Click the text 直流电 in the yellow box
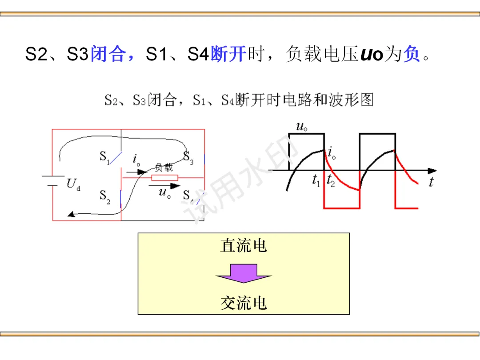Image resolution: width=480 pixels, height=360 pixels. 244,246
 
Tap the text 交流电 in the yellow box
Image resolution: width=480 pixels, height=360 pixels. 244,303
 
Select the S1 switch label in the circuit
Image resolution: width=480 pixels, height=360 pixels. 104,157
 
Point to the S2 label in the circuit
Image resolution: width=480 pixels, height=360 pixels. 104,196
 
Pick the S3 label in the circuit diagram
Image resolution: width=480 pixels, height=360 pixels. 188,156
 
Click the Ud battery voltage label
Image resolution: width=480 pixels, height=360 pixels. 73,184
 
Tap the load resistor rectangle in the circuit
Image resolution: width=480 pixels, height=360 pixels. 165,178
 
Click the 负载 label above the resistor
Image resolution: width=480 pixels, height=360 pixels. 164,168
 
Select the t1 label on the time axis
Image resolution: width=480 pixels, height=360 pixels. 316,180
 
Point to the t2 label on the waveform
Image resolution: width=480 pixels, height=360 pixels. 331,180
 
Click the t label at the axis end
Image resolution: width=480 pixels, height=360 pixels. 431,181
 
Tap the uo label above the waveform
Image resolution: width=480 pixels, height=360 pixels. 302,127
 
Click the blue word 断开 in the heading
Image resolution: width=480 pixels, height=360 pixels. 228,55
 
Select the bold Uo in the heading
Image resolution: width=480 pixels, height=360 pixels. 372,55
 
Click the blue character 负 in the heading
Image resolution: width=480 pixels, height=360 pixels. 412,55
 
